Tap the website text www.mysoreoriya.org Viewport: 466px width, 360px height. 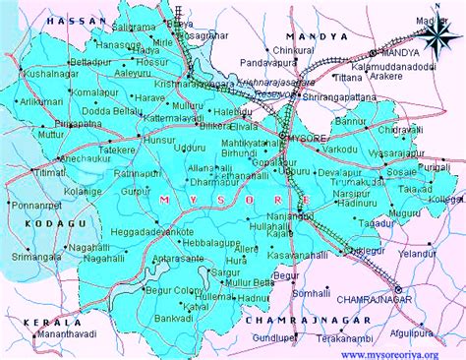point(401,352)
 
